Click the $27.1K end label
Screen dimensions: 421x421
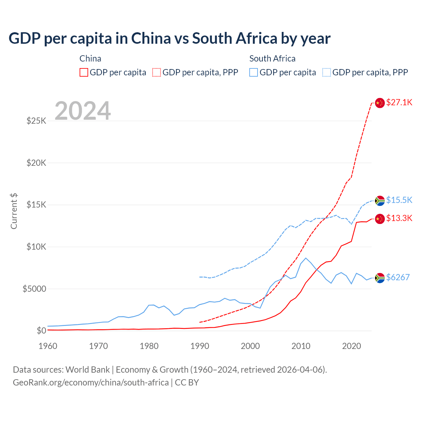click(x=399, y=102)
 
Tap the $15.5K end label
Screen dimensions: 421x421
click(x=399, y=200)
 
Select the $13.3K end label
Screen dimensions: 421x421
click(x=399, y=218)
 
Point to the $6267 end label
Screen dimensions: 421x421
click(x=398, y=277)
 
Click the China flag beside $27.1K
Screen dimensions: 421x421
click(x=380, y=103)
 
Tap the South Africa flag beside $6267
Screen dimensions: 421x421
click(x=380, y=278)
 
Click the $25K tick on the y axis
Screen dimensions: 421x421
click(x=36, y=121)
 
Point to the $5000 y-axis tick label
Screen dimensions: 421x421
click(x=34, y=289)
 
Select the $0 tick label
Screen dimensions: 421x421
click(x=41, y=331)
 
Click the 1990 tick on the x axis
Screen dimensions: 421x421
click(x=200, y=346)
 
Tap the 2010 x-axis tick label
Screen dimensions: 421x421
click(x=301, y=346)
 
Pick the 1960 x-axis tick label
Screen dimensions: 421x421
click(x=48, y=346)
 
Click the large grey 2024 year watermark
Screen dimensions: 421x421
click(x=83, y=111)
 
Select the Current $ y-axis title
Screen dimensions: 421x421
click(x=14, y=211)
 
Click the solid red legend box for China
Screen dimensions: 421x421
click(x=84, y=72)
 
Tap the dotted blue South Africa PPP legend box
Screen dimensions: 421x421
click(x=327, y=72)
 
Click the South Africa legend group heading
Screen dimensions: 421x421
click(x=272, y=59)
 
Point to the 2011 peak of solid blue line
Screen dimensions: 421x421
click(x=306, y=258)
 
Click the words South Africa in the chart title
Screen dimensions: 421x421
click(x=235, y=38)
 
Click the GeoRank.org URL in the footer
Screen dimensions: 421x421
click(x=91, y=383)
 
